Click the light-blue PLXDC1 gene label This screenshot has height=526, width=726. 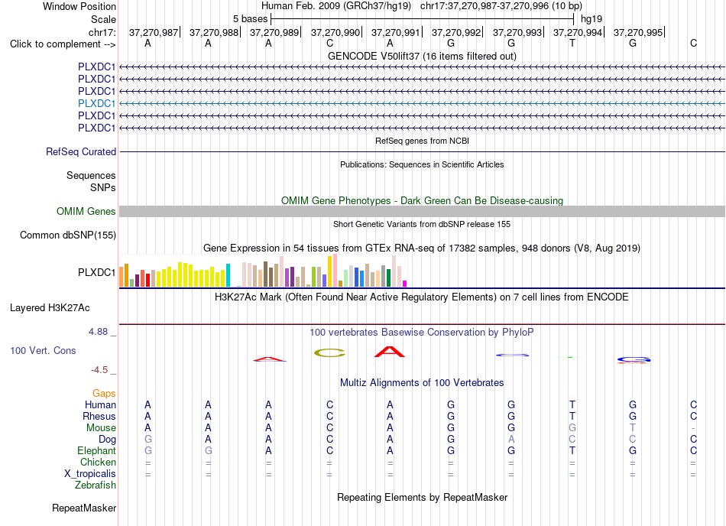[96, 103]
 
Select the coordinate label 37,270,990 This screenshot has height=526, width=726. [335, 32]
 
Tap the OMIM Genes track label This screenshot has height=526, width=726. [86, 212]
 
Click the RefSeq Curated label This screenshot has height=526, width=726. [81, 152]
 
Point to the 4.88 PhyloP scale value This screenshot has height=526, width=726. [98, 332]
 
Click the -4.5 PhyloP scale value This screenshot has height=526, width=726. [99, 370]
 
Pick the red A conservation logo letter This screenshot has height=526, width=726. [390, 352]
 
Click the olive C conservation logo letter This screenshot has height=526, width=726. [329, 352]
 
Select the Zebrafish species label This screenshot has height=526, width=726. [96, 485]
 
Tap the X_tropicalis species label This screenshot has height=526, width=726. [90, 474]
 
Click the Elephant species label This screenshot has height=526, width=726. [96, 450]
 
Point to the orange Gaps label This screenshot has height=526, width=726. [104, 393]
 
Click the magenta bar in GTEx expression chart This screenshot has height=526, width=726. [405, 284]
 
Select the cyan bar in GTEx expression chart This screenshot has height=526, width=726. [228, 275]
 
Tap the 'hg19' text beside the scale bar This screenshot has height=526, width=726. [591, 19]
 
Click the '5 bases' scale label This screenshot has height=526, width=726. [250, 19]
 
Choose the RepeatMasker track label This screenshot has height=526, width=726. [84, 508]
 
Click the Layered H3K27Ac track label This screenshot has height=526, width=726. [50, 308]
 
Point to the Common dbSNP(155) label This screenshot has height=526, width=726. [68, 235]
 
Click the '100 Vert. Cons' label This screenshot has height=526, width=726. [43, 350]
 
